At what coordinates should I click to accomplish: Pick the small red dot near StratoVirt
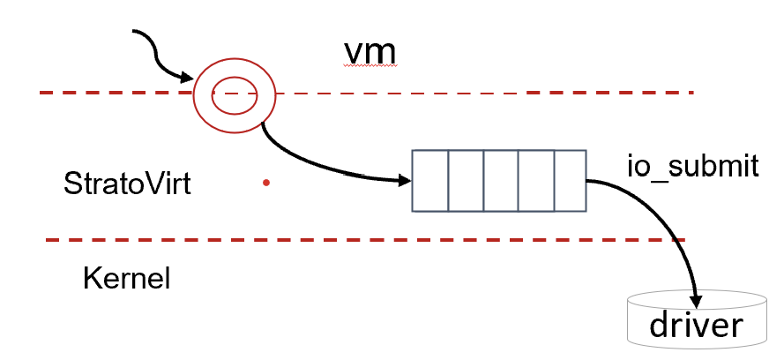tap(265, 184)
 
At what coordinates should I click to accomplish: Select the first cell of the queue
tap(430, 181)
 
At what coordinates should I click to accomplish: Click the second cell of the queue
tap(466, 181)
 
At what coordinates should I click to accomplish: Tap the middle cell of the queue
tap(500, 181)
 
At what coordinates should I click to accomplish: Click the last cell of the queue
tap(569, 181)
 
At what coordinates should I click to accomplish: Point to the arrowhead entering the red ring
tap(186, 77)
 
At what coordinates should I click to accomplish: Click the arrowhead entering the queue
tap(405, 181)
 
